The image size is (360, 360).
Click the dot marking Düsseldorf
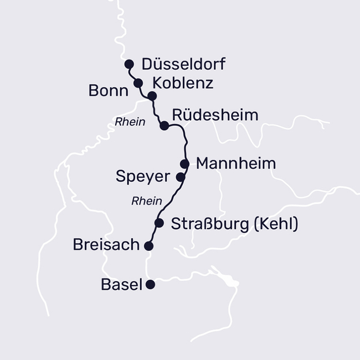[129, 64]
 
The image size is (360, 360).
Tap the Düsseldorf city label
[183, 64]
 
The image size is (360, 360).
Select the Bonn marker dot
[138, 84]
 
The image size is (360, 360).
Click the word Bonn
[109, 91]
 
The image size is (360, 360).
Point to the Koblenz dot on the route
[152, 96]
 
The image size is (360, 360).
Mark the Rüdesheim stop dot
[164, 126]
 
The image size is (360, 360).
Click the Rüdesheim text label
[215, 115]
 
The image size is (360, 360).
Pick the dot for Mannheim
[185, 163]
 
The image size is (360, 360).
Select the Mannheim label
[236, 164]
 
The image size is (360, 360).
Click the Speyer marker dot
[180, 177]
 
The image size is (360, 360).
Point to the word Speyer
[142, 177]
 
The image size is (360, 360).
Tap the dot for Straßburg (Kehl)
[159, 223]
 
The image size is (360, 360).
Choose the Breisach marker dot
[148, 245]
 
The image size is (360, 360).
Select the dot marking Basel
[150, 285]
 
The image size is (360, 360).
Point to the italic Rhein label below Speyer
[146, 201]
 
